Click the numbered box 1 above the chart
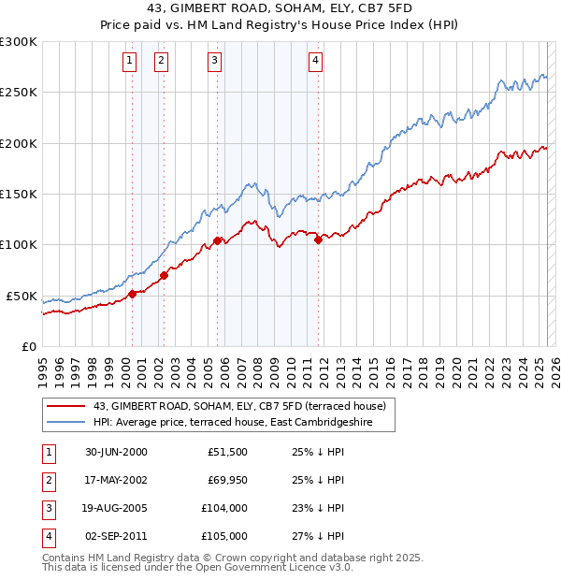click(x=129, y=62)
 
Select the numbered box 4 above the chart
click(x=316, y=62)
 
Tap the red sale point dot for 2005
click(x=217, y=240)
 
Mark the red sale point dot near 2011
click(x=319, y=239)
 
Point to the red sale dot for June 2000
click(x=132, y=294)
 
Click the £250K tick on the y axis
click(x=18, y=93)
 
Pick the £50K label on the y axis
click(x=21, y=296)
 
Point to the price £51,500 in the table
click(x=227, y=452)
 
